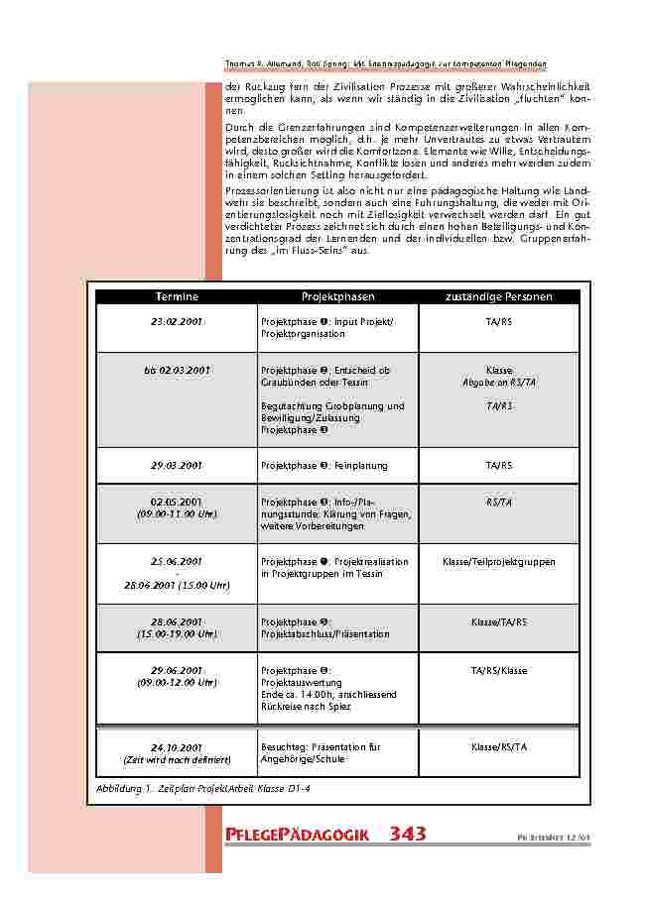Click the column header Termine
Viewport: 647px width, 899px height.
tap(177, 296)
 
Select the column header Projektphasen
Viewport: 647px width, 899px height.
tap(337, 296)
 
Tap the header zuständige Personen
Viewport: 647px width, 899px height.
tap(499, 296)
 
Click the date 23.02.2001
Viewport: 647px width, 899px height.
tap(177, 322)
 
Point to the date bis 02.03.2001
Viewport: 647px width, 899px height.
tap(177, 370)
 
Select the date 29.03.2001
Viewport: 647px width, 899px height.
tap(177, 465)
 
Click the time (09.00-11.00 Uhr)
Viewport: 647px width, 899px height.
tap(177, 514)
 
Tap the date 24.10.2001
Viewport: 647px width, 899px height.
tap(177, 746)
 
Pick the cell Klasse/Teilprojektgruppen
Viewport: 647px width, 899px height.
tap(499, 562)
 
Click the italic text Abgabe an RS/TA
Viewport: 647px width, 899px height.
tap(499, 382)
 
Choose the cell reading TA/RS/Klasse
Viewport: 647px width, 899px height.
tap(499, 671)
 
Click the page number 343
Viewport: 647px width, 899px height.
tap(408, 834)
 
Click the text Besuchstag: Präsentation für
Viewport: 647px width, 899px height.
tap(321, 746)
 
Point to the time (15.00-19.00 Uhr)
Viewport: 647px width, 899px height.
tap(177, 633)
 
